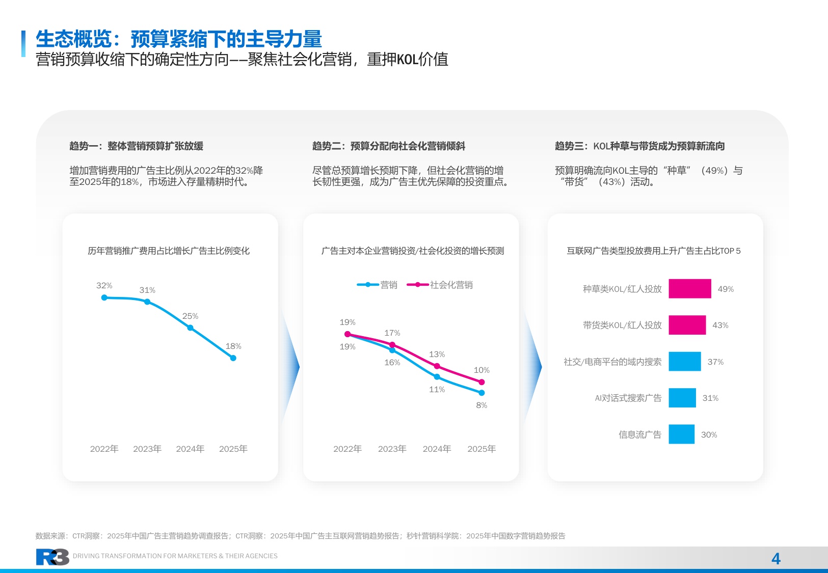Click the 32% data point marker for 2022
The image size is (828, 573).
coord(104,297)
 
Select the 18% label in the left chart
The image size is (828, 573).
coord(233,346)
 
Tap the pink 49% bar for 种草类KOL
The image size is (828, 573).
coord(689,289)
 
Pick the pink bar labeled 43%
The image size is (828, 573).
coord(687,325)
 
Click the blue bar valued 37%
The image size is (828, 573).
coord(684,362)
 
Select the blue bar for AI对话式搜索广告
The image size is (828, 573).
coord(682,398)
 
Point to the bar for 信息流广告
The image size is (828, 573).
coord(681,434)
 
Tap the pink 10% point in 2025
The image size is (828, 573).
coord(482,382)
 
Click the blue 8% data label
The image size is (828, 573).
coord(482,405)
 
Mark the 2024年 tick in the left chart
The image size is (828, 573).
coord(190,449)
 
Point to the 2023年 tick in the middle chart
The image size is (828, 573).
coord(392,449)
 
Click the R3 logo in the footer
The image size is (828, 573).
coord(52,557)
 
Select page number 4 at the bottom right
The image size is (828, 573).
coord(776,559)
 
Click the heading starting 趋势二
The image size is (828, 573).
coord(388,146)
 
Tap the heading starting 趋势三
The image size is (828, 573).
coord(639,146)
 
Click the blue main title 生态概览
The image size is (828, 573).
coord(178,39)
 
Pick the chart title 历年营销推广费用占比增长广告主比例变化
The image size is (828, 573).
coord(169,251)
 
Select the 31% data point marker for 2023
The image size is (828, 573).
coord(147,302)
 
